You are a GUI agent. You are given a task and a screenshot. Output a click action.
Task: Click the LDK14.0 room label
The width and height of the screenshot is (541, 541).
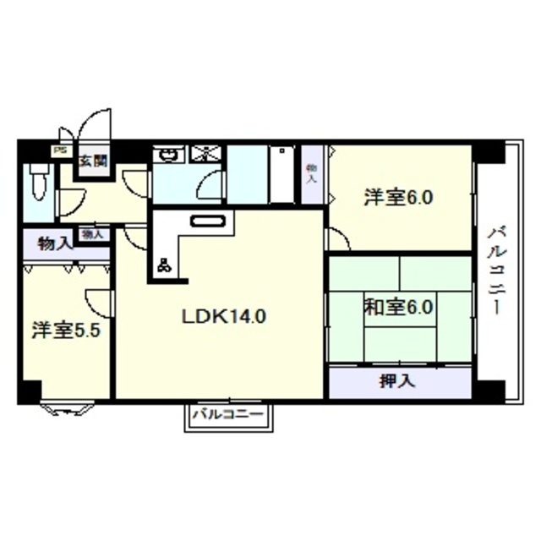pyautogui.click(x=225, y=317)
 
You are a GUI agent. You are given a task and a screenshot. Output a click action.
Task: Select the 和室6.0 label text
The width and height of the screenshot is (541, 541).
pyautogui.click(x=399, y=307)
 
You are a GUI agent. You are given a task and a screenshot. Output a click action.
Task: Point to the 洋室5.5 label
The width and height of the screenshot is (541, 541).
pyautogui.click(x=67, y=330)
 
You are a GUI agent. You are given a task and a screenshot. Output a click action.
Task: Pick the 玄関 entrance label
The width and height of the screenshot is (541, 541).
pyautogui.click(x=92, y=160)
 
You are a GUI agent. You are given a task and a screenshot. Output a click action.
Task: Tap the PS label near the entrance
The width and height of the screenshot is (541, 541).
pyautogui.click(x=59, y=151)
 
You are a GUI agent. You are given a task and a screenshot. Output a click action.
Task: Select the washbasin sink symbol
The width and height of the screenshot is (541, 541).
pyautogui.click(x=170, y=155)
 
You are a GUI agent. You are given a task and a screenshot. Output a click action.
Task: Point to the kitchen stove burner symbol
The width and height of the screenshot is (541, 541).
pyautogui.click(x=163, y=265)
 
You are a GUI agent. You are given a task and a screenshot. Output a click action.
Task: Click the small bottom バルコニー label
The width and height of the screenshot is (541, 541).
pyautogui.click(x=228, y=415)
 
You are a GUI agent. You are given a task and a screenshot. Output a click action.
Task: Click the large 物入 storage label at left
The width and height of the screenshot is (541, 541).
pyautogui.click(x=55, y=245)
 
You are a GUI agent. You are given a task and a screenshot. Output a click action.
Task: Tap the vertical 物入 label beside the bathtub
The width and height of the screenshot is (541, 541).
pyautogui.click(x=312, y=173)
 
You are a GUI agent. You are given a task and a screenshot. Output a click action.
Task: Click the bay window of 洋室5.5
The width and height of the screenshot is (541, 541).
pyautogui.click(x=68, y=408)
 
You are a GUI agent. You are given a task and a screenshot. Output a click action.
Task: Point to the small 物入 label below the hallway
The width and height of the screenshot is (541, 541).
pyautogui.click(x=91, y=234)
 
